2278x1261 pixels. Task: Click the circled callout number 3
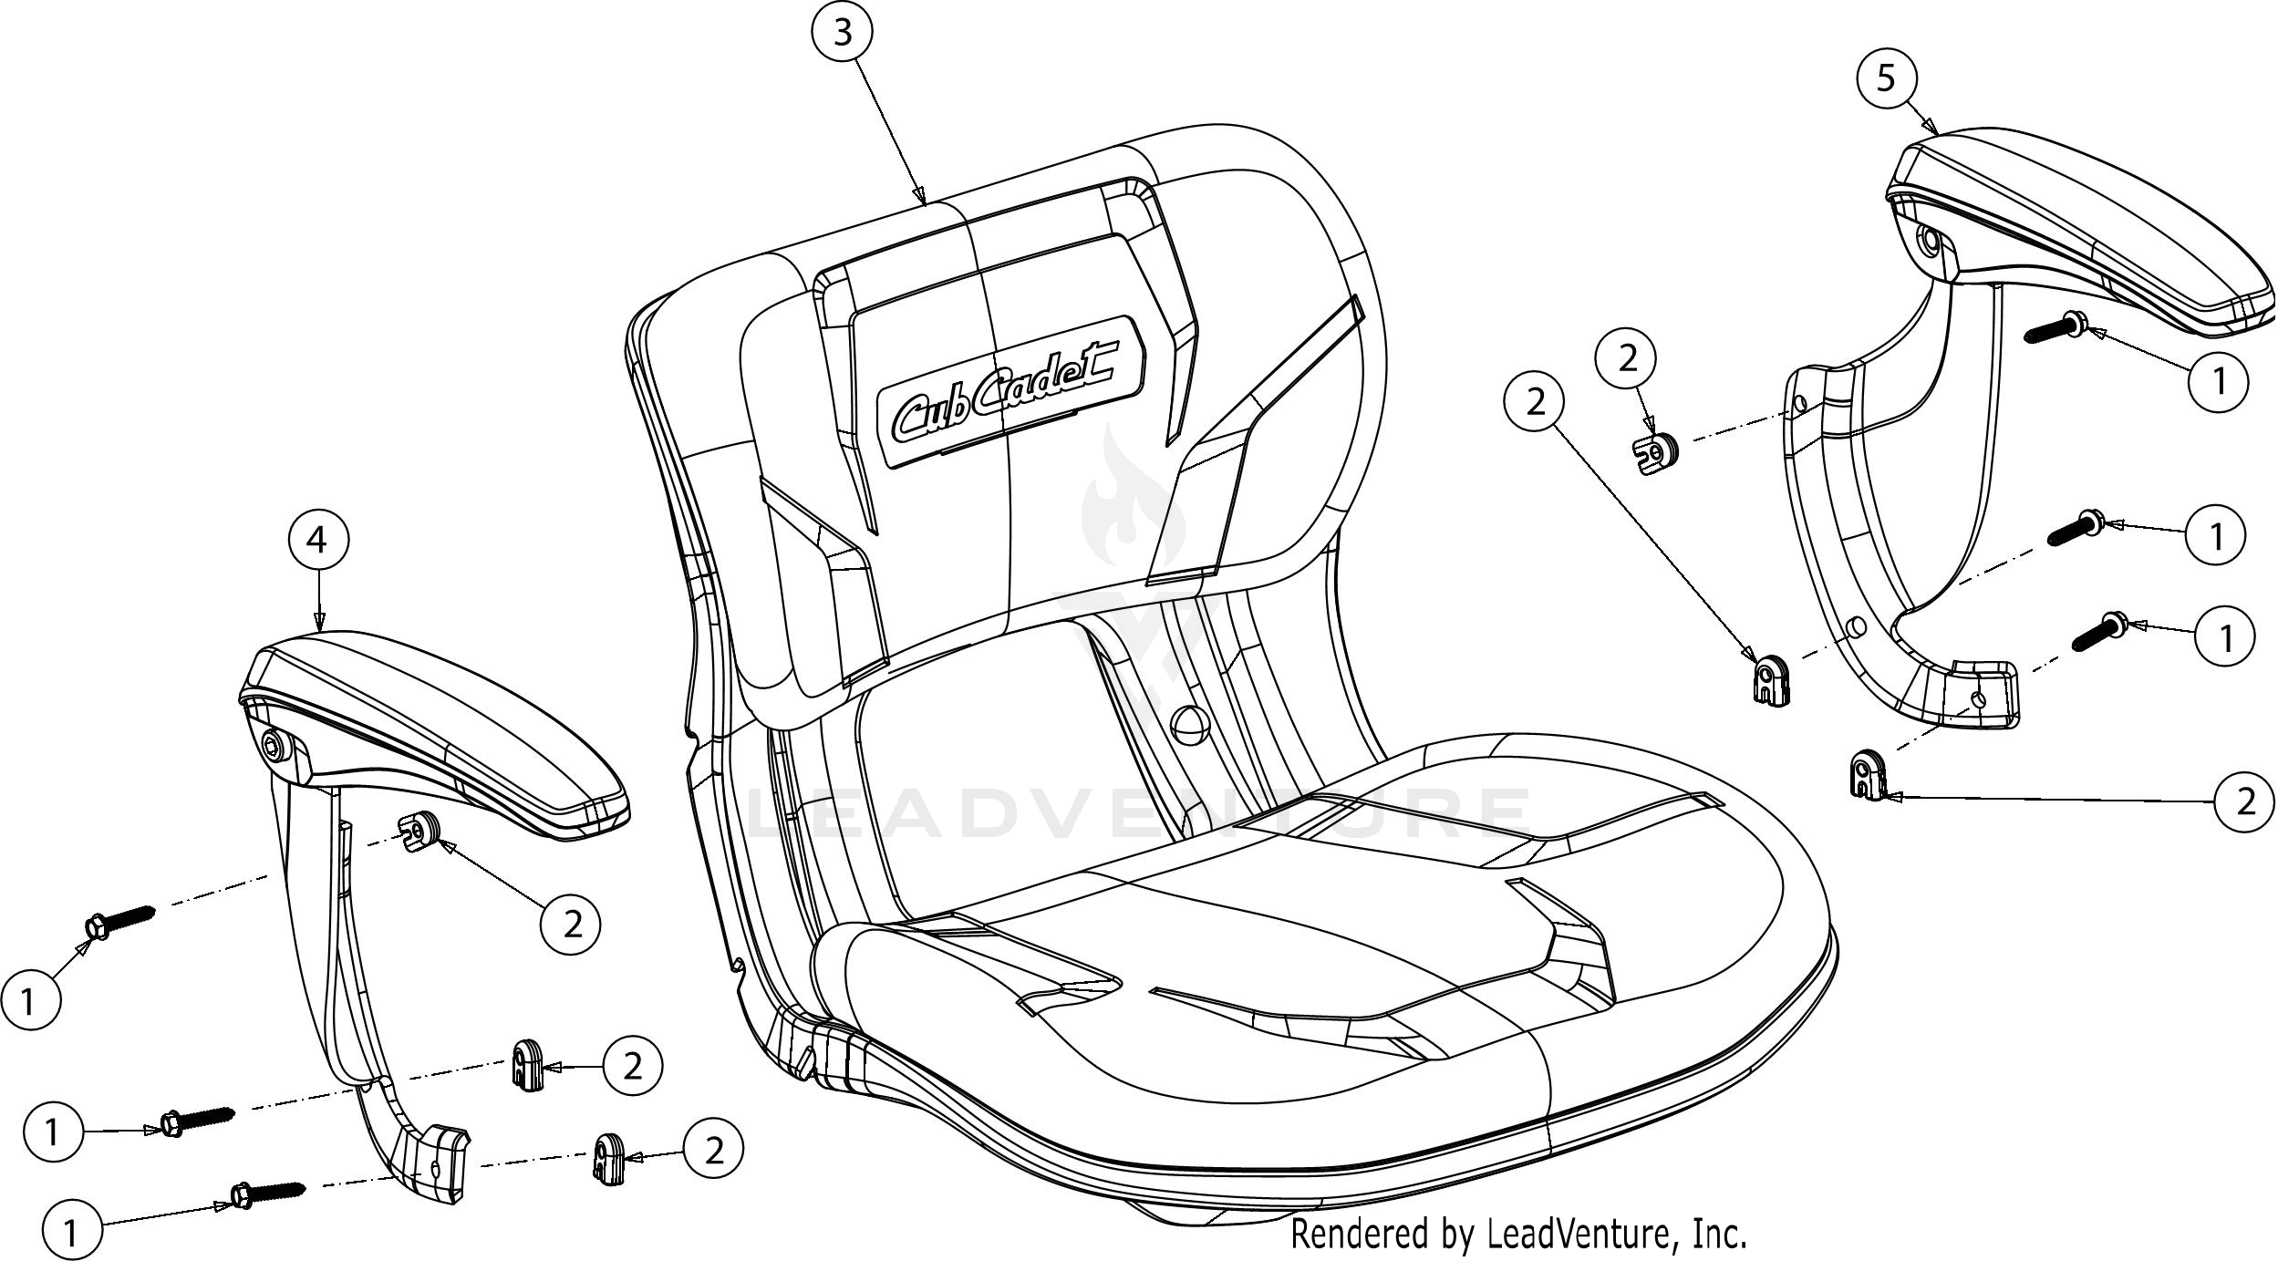pyautogui.click(x=842, y=33)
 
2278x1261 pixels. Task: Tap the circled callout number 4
pyautogui.click(x=316, y=541)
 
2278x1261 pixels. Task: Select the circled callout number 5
pyautogui.click(x=1886, y=78)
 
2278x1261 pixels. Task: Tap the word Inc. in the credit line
pyautogui.click(x=1718, y=1234)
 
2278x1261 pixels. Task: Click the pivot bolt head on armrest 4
pyautogui.click(x=274, y=746)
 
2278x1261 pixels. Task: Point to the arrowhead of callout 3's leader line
pyautogui.click(x=920, y=198)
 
